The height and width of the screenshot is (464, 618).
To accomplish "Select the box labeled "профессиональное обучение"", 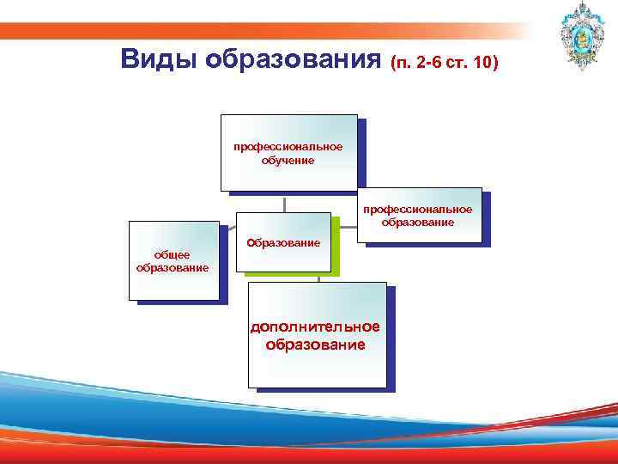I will [x=288, y=151].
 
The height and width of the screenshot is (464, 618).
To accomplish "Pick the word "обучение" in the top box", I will [x=288, y=160].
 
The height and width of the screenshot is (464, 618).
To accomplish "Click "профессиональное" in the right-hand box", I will [x=417, y=210].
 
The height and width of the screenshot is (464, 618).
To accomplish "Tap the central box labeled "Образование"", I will [x=283, y=242].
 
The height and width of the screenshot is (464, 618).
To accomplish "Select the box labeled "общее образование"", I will [x=174, y=260].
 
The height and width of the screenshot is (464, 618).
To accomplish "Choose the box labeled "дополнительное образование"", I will [x=317, y=333].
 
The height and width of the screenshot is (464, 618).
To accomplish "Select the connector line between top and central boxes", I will [x=286, y=200].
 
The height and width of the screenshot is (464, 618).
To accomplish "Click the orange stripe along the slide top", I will [x=257, y=30].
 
